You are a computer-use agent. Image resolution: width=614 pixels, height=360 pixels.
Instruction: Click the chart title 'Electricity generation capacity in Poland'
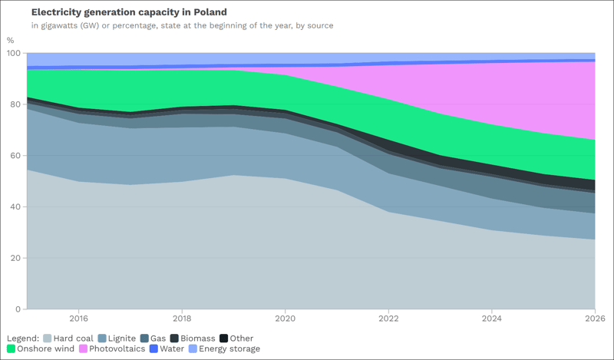tap(129, 13)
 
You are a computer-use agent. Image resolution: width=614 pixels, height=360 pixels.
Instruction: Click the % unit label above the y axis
tap(10, 40)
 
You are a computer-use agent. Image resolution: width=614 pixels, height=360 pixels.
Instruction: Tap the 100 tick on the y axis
tap(13, 53)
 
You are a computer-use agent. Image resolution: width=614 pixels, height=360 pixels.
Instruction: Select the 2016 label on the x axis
tap(78, 318)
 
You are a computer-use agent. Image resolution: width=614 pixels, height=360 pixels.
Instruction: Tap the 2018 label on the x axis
tap(182, 318)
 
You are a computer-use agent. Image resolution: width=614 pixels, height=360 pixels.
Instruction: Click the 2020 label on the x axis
tap(285, 318)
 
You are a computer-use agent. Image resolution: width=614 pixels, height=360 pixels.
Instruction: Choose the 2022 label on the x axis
tap(388, 318)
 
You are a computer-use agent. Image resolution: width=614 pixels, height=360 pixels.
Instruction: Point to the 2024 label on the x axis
tap(491, 318)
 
